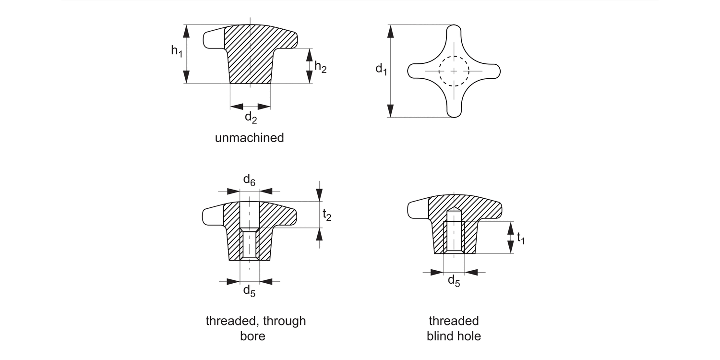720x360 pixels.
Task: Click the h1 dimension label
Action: point(177,50)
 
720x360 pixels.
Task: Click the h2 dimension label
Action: point(320,67)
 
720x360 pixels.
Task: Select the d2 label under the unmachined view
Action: point(251,117)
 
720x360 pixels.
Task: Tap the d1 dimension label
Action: point(381,70)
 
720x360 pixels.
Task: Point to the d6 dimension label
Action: point(249,180)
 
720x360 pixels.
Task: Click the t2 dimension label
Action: point(326,216)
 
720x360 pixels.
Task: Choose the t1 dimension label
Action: point(520,238)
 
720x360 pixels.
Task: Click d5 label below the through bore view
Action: point(249,290)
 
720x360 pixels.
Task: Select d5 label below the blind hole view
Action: point(454,281)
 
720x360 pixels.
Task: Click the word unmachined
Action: point(249,138)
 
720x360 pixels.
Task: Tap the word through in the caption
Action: point(283,321)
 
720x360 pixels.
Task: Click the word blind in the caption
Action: point(440,336)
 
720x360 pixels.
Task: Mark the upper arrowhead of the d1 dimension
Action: point(391,31)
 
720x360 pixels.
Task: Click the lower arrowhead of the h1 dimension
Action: point(186,77)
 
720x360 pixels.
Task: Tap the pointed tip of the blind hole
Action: point(454,210)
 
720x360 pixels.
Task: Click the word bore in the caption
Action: point(252,336)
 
